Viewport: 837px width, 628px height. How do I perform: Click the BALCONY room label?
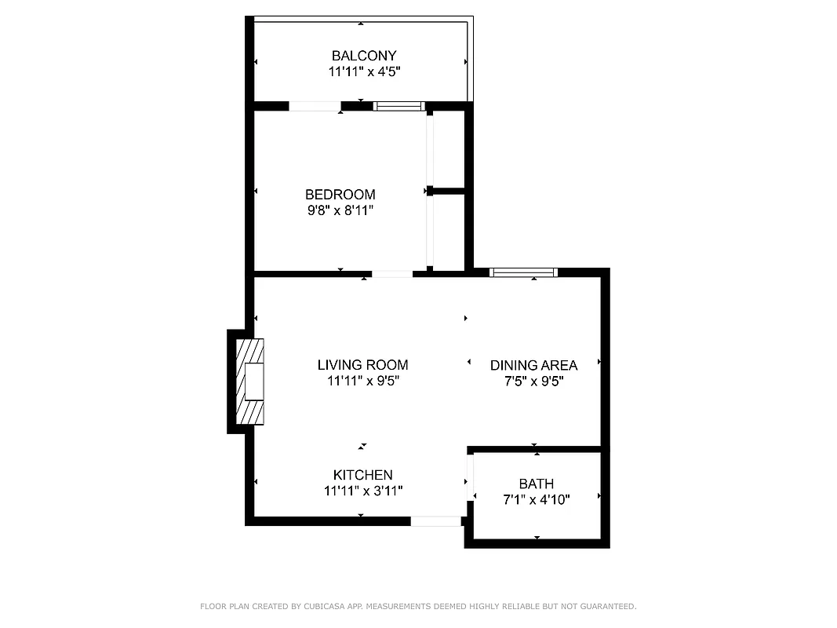coord(364,56)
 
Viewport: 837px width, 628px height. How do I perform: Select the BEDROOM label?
coord(340,195)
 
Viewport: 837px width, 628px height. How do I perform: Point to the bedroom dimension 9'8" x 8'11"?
coord(340,210)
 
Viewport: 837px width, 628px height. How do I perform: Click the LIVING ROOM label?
coord(362,365)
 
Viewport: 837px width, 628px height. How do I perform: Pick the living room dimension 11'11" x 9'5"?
coord(362,382)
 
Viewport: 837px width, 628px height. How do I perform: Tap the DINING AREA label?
coord(533,366)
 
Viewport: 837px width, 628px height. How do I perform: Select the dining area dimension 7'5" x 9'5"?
coord(533,382)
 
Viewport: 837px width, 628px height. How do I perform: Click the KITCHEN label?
coord(362,475)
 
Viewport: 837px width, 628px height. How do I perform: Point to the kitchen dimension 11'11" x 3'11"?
coord(362,491)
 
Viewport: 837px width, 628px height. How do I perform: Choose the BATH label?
coord(536,484)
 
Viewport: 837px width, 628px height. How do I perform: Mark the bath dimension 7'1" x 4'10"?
coord(536,498)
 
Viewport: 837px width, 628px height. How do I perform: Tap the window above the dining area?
coord(523,272)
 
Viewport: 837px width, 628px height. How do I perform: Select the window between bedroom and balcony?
coord(398,106)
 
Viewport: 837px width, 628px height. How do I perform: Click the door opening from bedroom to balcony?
coord(315,106)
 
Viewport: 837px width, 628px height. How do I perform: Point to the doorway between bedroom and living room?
coord(391,274)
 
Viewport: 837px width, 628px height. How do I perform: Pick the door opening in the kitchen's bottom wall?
coord(435,520)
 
